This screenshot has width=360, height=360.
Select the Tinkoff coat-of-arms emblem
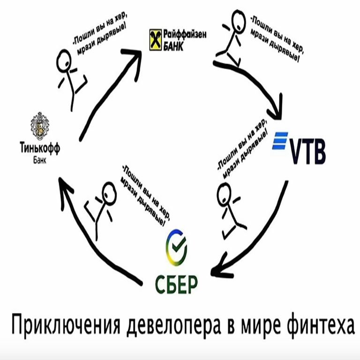click(x=40, y=126)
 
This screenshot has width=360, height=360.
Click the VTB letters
click(x=307, y=150)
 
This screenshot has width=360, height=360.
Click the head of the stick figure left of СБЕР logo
click(x=109, y=192)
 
